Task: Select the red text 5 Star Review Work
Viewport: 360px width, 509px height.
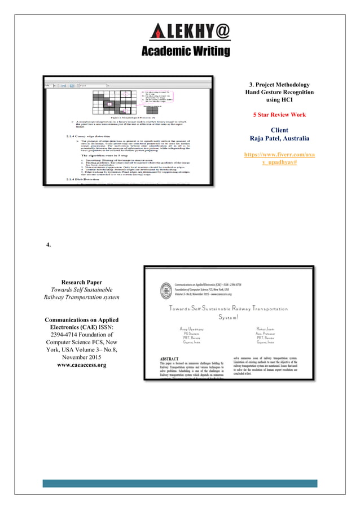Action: point(279,115)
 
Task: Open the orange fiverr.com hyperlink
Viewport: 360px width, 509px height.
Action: point(279,158)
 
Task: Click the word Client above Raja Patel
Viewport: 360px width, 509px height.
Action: point(279,129)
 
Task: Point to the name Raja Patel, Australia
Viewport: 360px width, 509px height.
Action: point(279,138)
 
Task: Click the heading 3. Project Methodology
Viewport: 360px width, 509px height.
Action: point(279,84)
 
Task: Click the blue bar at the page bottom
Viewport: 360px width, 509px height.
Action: point(180,484)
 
